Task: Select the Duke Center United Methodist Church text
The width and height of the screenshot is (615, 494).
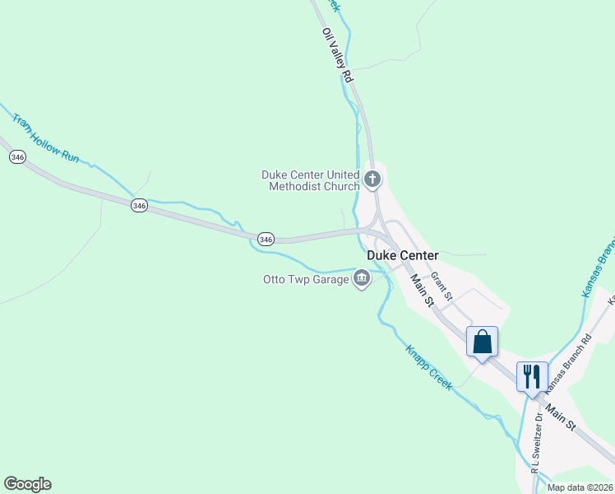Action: [311, 180]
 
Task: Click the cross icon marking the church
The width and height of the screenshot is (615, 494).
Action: [372, 179]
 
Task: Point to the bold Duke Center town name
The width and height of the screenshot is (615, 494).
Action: [403, 255]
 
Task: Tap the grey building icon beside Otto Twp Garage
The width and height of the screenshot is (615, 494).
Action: [361, 280]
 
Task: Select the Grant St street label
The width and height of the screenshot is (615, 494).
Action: [442, 287]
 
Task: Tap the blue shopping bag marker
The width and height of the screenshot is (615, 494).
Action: [482, 341]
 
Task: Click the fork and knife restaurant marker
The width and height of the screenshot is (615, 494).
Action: [531, 376]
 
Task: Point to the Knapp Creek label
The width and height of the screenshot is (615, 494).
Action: [428, 367]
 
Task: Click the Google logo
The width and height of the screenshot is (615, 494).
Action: [27, 484]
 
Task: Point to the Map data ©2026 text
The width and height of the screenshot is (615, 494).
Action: [580, 487]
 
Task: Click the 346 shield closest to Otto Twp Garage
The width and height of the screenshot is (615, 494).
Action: [265, 239]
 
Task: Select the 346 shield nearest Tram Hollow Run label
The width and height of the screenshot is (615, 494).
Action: [17, 156]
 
